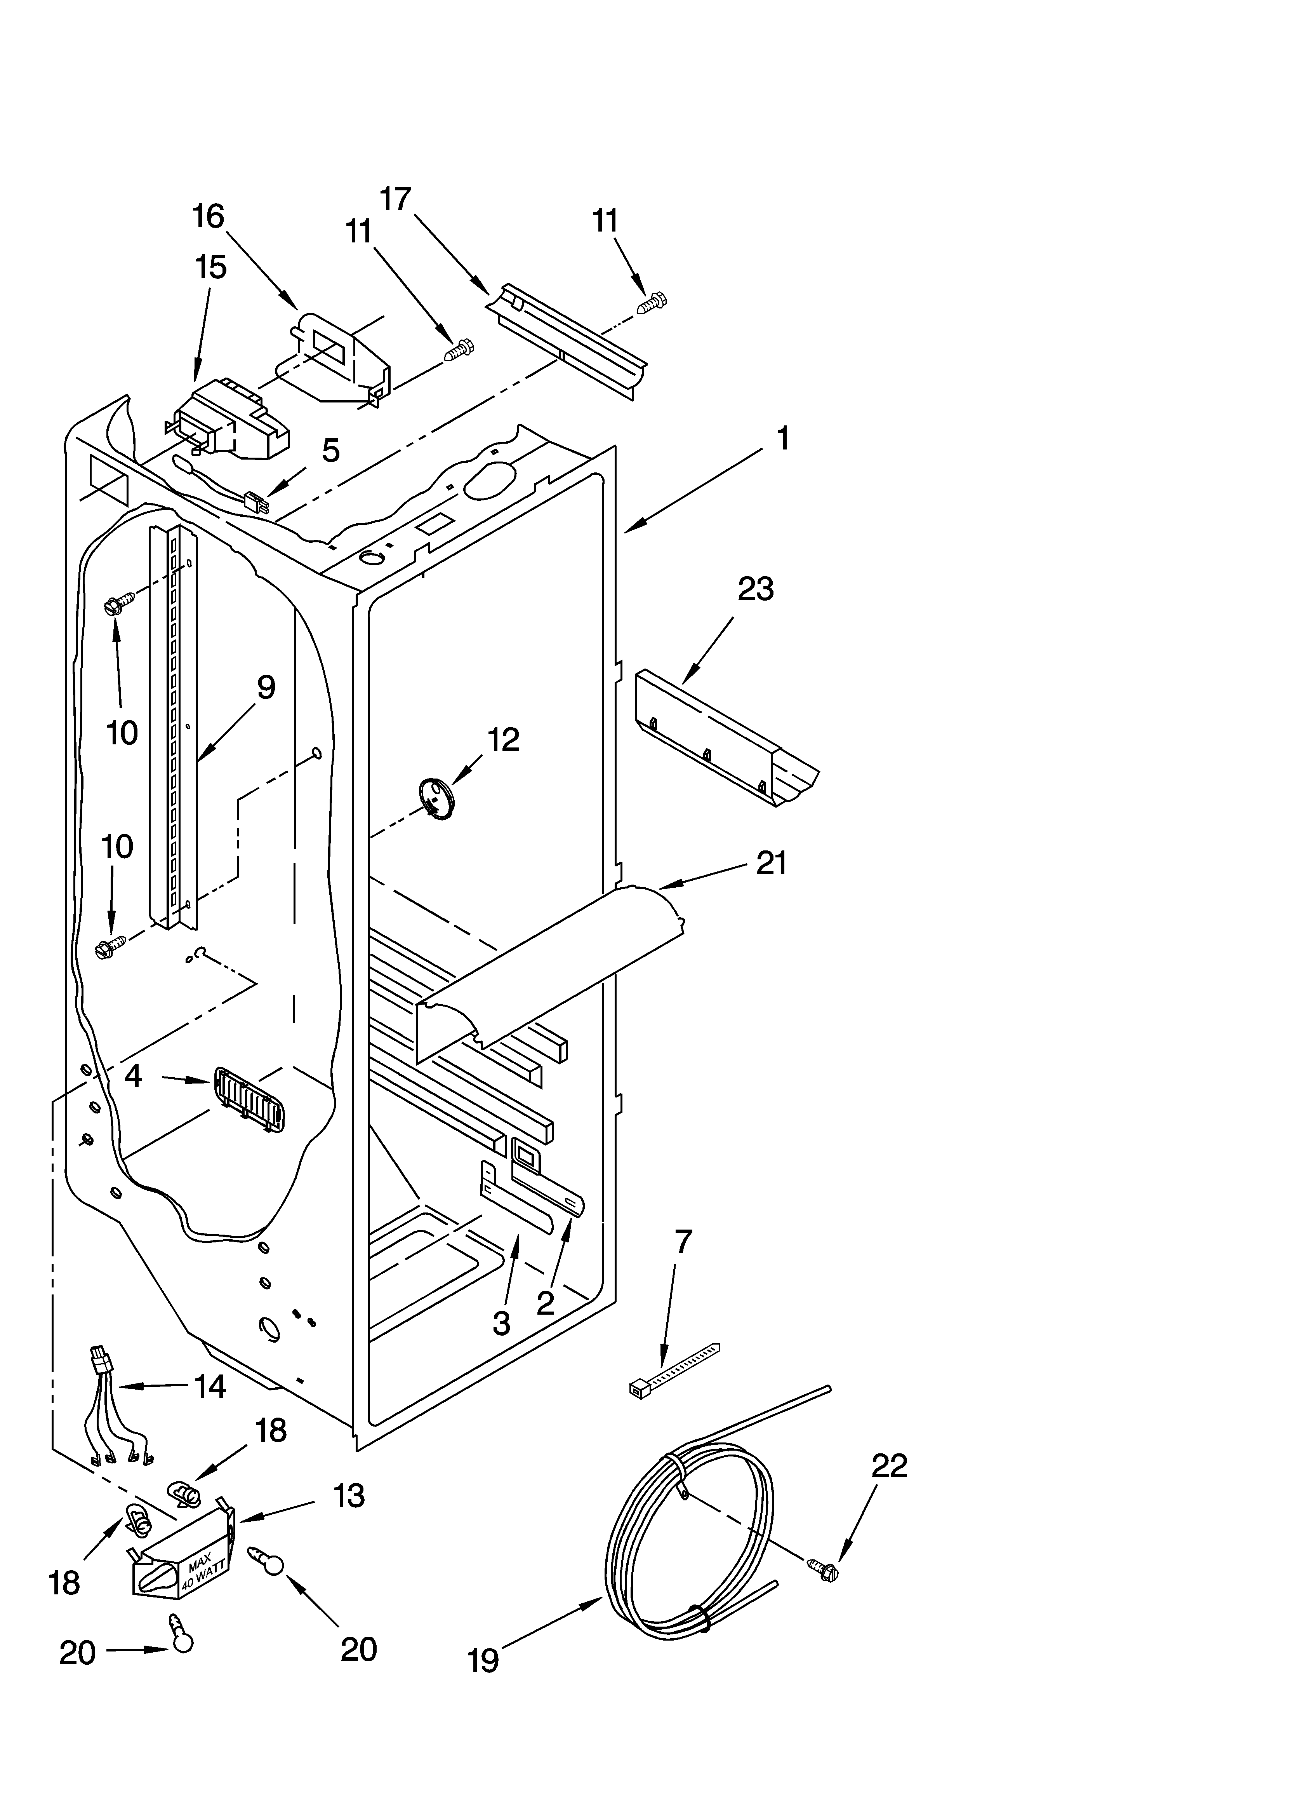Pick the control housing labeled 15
229,420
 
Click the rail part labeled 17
566,340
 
